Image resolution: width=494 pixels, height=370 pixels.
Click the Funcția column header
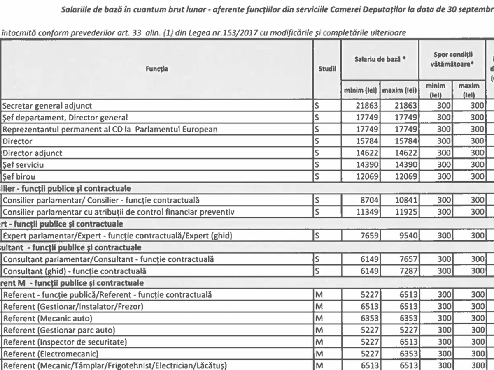156,69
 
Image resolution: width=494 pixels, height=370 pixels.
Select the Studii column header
327,69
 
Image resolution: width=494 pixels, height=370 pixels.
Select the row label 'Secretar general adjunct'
47,106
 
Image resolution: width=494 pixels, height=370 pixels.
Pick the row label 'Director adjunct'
33,153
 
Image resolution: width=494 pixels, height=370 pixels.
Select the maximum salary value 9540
408,236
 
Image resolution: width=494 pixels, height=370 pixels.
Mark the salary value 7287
408,271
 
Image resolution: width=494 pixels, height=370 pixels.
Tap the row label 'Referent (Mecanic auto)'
48,319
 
